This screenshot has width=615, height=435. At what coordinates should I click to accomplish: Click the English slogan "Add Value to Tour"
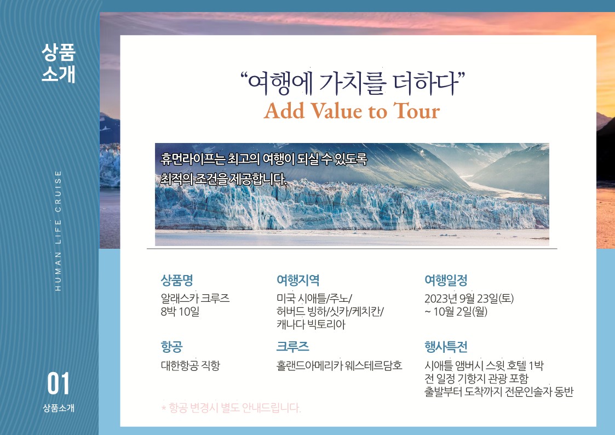pyautogui.click(x=352, y=111)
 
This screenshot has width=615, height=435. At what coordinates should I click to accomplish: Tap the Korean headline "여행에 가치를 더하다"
pyautogui.click(x=353, y=83)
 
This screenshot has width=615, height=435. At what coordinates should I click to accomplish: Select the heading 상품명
pyautogui.click(x=177, y=280)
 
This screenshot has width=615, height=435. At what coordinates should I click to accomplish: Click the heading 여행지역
pyautogui.click(x=298, y=280)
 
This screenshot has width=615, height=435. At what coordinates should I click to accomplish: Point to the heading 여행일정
pyautogui.click(x=446, y=280)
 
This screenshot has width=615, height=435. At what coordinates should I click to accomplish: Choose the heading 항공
pyautogui.click(x=172, y=347)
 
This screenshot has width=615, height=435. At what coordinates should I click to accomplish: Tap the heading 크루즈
pyautogui.click(x=292, y=347)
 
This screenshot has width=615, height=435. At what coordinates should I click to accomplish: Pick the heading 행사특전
pyautogui.click(x=446, y=347)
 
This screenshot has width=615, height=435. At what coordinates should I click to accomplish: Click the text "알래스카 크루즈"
pyautogui.click(x=196, y=299)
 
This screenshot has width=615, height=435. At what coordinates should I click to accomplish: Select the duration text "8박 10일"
pyautogui.click(x=180, y=312)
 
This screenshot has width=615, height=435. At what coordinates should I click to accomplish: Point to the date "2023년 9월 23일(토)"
pyautogui.click(x=469, y=299)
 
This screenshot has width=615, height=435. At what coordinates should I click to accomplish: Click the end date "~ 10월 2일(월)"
pyautogui.click(x=456, y=312)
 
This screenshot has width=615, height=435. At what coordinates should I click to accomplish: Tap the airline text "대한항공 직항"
pyautogui.click(x=191, y=365)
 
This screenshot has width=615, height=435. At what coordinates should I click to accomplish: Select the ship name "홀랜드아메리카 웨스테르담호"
pyautogui.click(x=340, y=365)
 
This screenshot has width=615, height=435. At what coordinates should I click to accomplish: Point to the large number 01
pyautogui.click(x=59, y=384)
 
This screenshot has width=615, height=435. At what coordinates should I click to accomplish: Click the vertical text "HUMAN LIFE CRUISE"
pyautogui.click(x=58, y=231)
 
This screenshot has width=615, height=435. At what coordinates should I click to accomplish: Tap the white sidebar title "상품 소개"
pyautogui.click(x=59, y=63)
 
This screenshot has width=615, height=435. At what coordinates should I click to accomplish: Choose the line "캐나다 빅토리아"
pyautogui.click(x=311, y=325)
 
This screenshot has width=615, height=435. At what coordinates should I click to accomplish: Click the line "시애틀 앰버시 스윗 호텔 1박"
pyautogui.click(x=484, y=365)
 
